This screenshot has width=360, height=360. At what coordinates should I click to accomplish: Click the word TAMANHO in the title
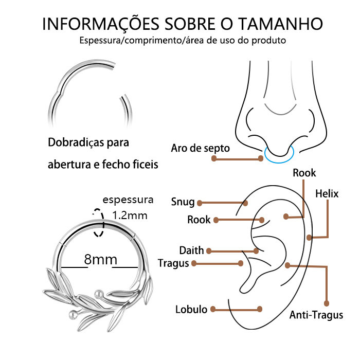pos(280,24)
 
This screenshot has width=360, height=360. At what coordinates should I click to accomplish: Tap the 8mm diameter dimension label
pos(101,259)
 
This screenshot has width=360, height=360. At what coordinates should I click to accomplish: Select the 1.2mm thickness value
pos(130,215)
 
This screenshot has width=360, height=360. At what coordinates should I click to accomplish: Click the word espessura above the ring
pos(128,200)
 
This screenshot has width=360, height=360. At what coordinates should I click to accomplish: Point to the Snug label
pos(183,202)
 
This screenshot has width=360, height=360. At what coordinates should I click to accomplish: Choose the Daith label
pos(191,250)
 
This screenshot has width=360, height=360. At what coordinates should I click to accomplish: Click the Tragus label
pos(173,263)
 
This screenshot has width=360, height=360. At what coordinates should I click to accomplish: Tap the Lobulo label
pos(191,310)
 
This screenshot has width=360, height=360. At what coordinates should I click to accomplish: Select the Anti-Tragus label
pos(316,315)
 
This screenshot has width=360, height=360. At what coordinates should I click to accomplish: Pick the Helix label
pos(327,194)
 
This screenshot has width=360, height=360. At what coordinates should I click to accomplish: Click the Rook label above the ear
pos(304,173)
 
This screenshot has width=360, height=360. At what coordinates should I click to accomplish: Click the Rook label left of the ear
pos(199,220)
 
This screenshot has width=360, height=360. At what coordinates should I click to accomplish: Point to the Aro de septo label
pos(200,148)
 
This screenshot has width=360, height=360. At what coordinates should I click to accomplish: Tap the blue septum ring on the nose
pos(279,154)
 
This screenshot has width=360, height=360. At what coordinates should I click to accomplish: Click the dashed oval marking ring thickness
pos(99,223)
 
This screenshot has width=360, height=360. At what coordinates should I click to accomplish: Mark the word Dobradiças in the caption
pos(76,142)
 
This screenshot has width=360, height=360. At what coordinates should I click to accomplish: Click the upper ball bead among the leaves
pos(99,294)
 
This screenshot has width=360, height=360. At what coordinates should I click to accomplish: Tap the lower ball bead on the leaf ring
pos(73,314)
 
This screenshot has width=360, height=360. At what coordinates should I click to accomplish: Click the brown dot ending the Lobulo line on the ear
pos(260,309)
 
